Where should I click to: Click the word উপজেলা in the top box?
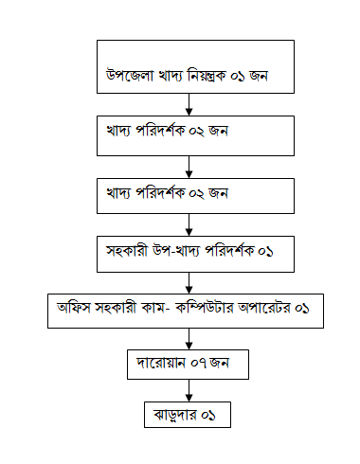click(127, 75)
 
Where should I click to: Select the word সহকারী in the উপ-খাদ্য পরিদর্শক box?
click(130, 252)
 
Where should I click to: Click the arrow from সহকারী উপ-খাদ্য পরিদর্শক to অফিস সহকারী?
click(189, 283)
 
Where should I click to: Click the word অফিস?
click(74, 310)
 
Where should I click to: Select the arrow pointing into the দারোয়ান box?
click(189, 339)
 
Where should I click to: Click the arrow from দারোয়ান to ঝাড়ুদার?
click(189, 390)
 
